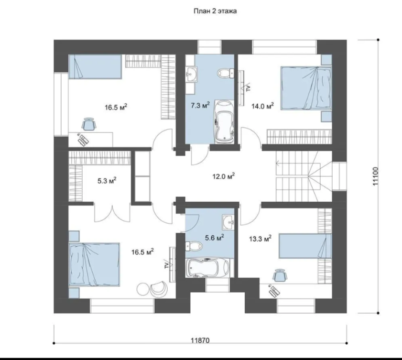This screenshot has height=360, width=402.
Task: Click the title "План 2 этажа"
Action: pos(215,11)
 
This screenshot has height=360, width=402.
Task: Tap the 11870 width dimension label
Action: pos(200,340)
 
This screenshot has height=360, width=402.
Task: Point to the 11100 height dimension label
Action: pos(375,176)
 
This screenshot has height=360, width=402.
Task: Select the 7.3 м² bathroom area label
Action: pos(200,105)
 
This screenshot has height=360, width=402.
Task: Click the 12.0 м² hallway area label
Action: pos(224,176)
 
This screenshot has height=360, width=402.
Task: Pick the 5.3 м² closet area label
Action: pos(107,181)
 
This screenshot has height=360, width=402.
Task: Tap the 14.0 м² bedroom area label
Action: pos(262,106)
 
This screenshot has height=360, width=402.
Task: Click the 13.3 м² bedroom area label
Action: pos(260,239)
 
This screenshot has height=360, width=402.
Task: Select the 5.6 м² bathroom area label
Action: pos(215,238)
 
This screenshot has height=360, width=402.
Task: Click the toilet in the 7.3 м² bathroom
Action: pos(226,73)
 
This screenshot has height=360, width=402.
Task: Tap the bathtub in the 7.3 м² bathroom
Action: pos(224,122)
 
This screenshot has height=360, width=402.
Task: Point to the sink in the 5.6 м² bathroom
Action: pos(228,221)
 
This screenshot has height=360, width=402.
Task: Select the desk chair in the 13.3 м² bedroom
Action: pos(280,276)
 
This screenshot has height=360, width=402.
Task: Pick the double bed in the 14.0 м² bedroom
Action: pos(306,88)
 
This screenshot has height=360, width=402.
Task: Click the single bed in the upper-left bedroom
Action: pos(95,66)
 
